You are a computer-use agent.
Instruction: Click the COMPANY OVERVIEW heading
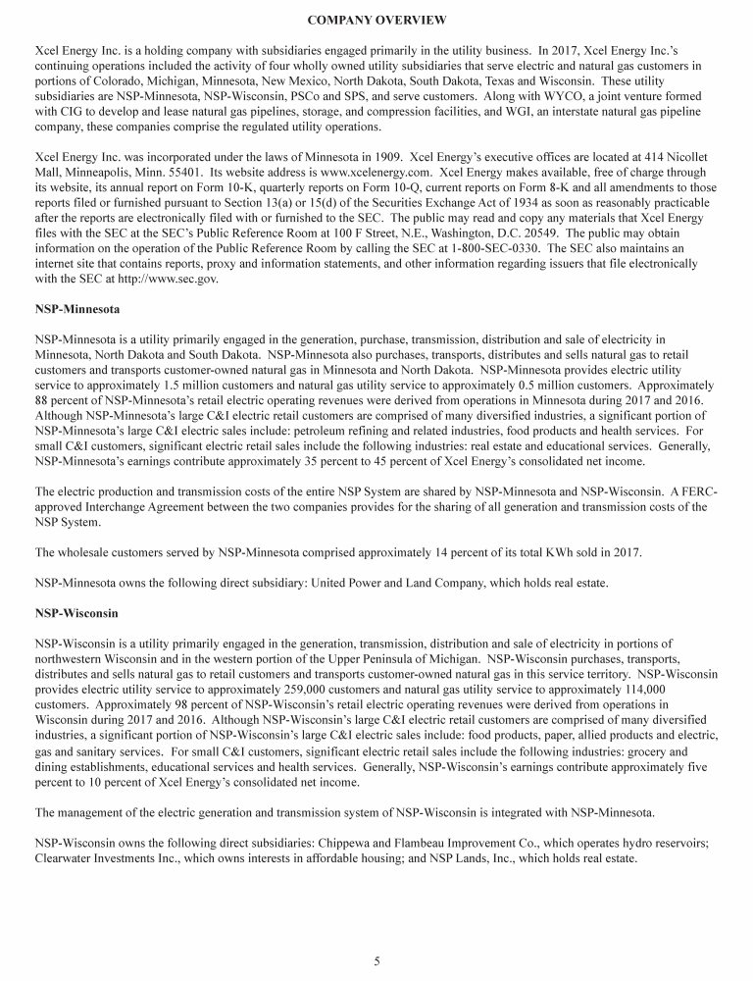[x=376, y=20]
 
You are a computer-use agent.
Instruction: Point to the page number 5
[x=376, y=961]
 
